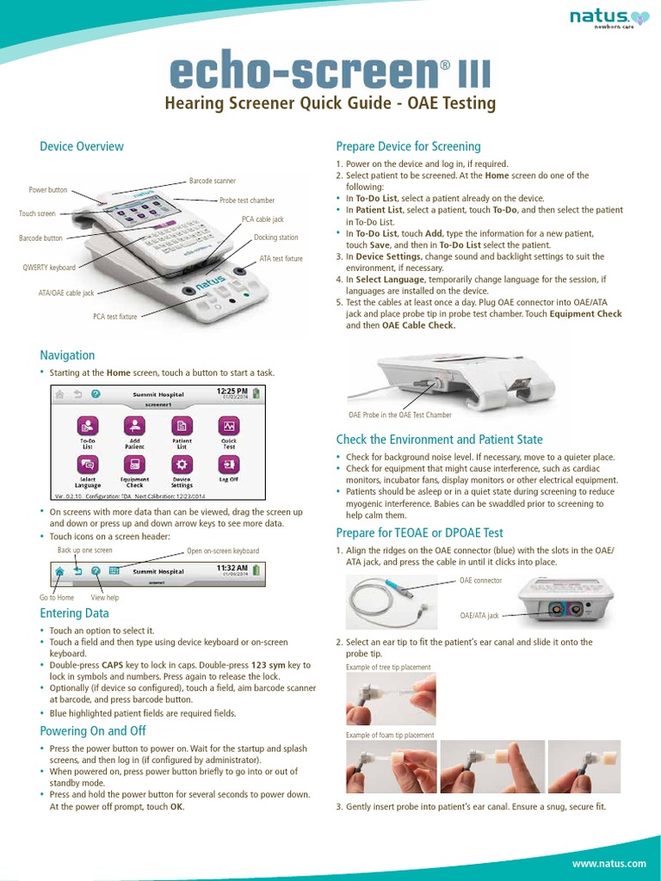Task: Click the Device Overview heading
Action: coord(82,146)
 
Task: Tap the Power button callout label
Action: coord(48,189)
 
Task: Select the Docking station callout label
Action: coord(276,237)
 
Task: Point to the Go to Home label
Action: coord(57,597)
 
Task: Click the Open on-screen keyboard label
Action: coord(222,551)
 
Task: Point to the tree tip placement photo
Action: coord(391,699)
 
